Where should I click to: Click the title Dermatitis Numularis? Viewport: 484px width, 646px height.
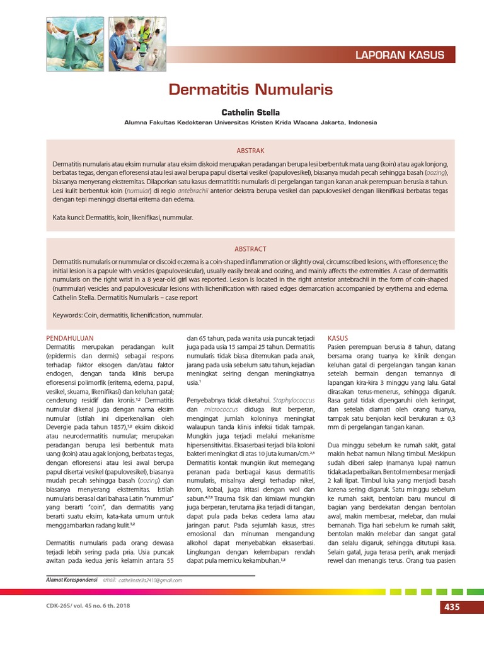coord(250,89)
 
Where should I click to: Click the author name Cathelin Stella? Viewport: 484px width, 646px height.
coord(250,112)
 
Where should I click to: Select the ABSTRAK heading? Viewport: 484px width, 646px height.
coord(250,151)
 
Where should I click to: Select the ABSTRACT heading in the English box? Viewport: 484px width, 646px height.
coord(250,249)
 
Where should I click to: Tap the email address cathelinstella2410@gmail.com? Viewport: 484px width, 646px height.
coord(151,580)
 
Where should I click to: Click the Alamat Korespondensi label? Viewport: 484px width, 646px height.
coord(72,580)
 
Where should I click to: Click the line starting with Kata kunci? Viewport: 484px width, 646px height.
coord(123,218)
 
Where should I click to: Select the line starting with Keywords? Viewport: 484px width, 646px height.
coord(128,315)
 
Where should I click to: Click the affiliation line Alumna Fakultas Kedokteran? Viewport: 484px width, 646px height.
coord(250,124)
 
